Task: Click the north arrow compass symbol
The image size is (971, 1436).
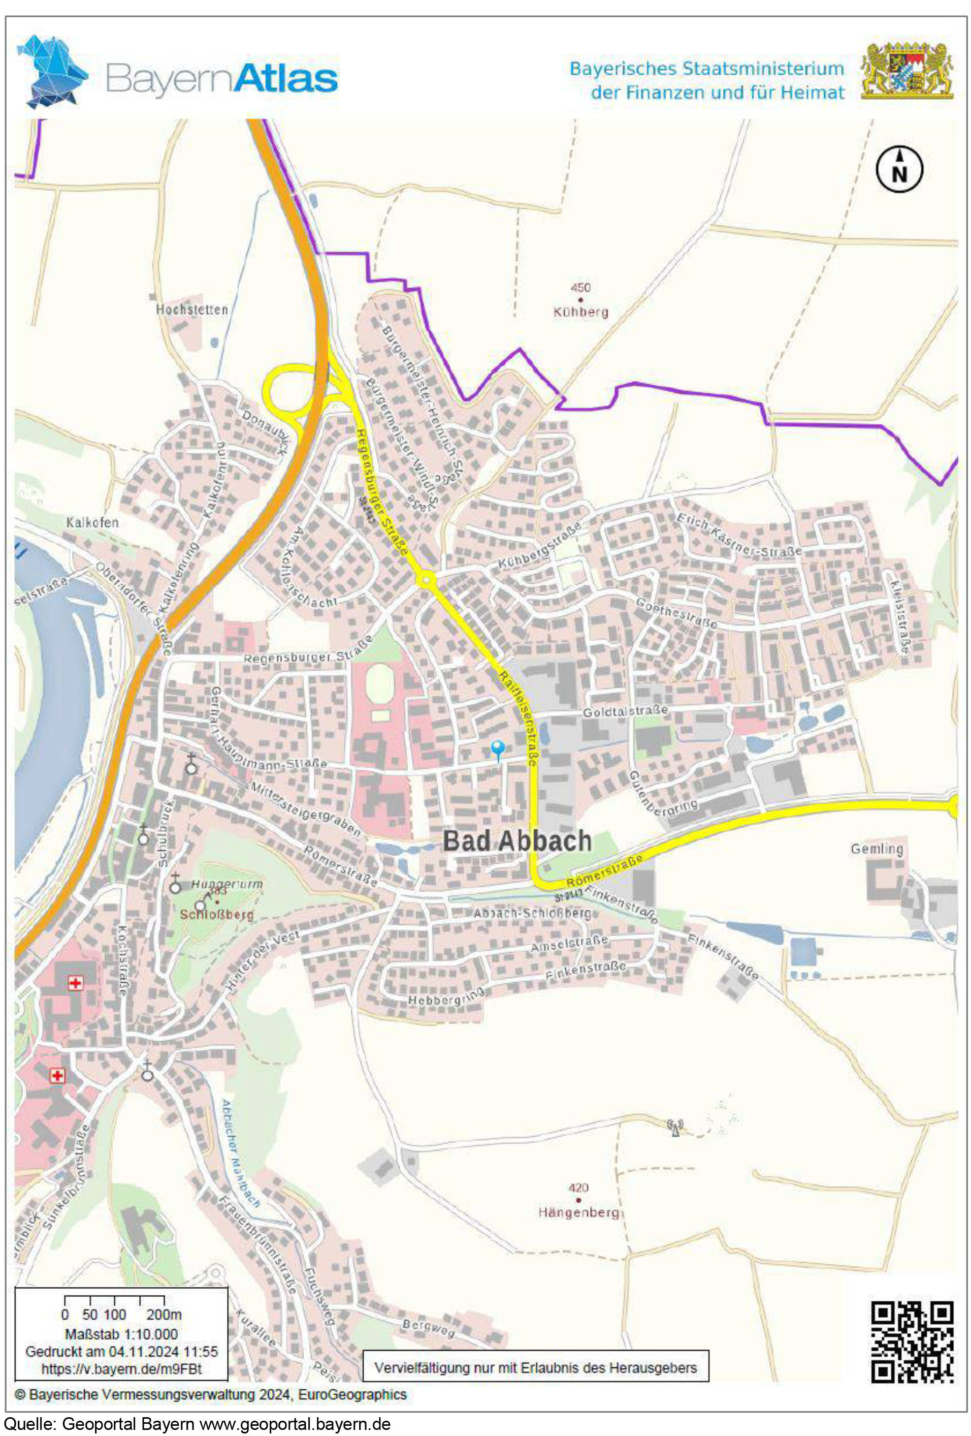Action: [899, 170]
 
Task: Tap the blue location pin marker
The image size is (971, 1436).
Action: [497, 750]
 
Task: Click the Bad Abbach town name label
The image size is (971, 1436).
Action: [517, 841]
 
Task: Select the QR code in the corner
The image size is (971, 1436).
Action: [912, 1341]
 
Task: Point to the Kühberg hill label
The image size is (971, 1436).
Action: [580, 312]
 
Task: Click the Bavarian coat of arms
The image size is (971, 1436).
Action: [907, 71]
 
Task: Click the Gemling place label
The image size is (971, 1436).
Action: [876, 849]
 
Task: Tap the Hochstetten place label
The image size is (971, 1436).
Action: [191, 309]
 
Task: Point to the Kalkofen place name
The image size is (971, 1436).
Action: [92, 523]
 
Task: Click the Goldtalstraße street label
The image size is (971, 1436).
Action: [625, 712]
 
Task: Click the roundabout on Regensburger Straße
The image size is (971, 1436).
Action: [426, 580]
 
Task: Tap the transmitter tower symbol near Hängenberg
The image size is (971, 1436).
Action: [674, 1128]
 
